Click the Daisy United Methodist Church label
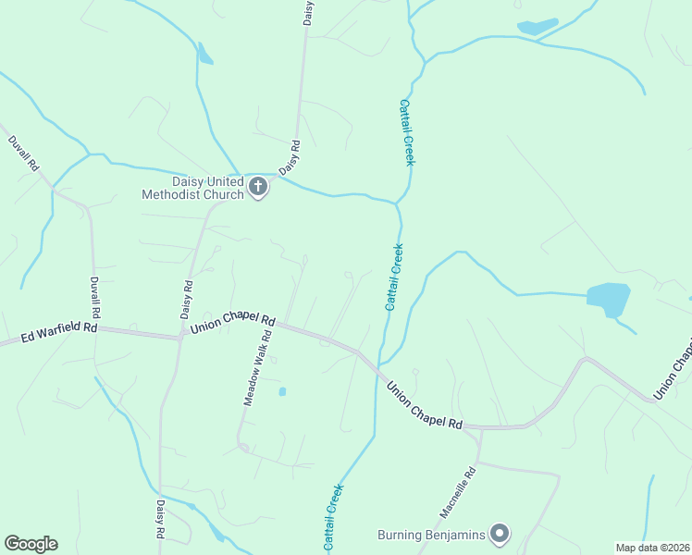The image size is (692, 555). coord(192,188)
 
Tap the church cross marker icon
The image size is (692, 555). coord(258,188)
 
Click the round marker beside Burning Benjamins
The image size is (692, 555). coord(500,533)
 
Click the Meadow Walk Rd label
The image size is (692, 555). coord(260,367)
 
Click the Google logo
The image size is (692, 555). coord(31,544)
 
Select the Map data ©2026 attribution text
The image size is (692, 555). coord(652,548)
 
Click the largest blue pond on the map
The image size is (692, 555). coord(609,299)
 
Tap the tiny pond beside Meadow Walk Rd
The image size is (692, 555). coord(282,391)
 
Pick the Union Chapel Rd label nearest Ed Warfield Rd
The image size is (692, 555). coord(232,324)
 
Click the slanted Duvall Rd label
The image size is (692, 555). coord(23,154)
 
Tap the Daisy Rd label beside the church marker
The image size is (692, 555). coord(290,157)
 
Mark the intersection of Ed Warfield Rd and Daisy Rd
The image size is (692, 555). coord(180,336)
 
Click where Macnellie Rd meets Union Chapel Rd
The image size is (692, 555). coord(479,428)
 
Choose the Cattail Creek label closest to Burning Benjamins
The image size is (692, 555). coord(334,517)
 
